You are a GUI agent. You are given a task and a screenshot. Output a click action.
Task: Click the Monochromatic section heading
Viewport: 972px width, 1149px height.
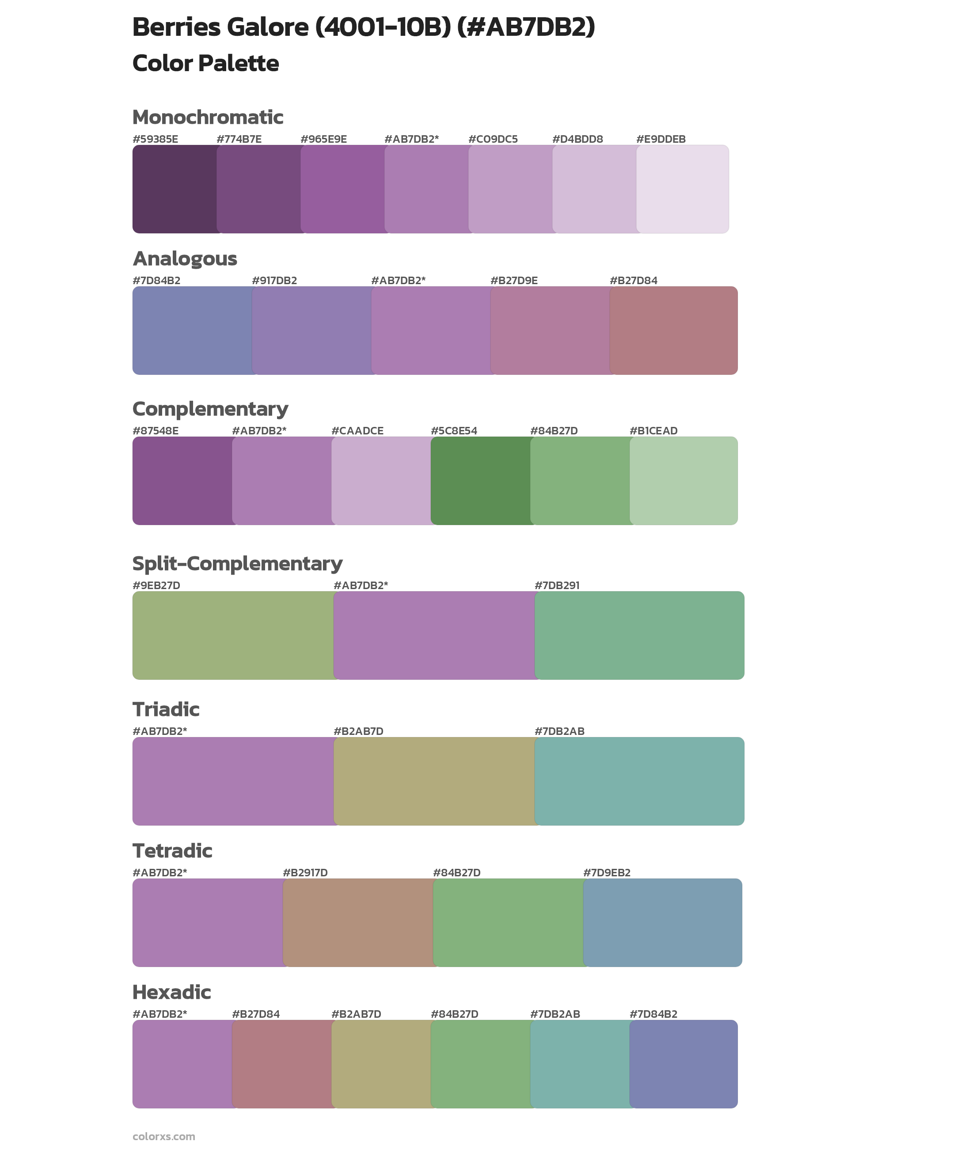[x=208, y=118]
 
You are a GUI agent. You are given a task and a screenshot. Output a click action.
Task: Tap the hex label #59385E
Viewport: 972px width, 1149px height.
[x=156, y=139]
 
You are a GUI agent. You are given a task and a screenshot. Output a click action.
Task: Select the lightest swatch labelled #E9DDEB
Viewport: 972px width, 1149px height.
[x=682, y=189]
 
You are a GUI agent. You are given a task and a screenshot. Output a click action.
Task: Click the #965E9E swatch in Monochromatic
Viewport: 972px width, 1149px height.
[x=343, y=189]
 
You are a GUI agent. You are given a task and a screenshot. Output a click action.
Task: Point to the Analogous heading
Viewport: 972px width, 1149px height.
[x=185, y=259]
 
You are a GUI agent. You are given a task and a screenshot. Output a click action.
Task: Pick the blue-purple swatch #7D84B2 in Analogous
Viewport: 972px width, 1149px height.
[x=192, y=331]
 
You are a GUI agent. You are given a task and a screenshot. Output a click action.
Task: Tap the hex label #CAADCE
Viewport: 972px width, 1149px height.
[x=357, y=431]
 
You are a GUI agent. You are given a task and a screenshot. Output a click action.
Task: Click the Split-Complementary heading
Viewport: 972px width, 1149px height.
[x=237, y=564]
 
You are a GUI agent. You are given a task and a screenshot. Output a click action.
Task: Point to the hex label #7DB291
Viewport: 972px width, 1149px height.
[x=557, y=585]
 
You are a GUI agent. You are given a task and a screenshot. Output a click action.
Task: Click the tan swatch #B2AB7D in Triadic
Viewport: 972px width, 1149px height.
[x=434, y=781]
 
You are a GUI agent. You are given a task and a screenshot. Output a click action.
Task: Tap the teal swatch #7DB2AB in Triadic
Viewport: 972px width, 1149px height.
[x=639, y=781]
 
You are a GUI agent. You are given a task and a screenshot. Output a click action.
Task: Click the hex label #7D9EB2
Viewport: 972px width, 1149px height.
[x=606, y=872]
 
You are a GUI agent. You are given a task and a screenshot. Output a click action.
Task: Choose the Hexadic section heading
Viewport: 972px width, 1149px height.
[x=172, y=992]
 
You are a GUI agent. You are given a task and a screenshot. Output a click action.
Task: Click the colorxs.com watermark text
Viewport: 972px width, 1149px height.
[x=163, y=1136]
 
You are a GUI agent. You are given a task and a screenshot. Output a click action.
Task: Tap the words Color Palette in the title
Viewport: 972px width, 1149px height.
[x=205, y=63]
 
